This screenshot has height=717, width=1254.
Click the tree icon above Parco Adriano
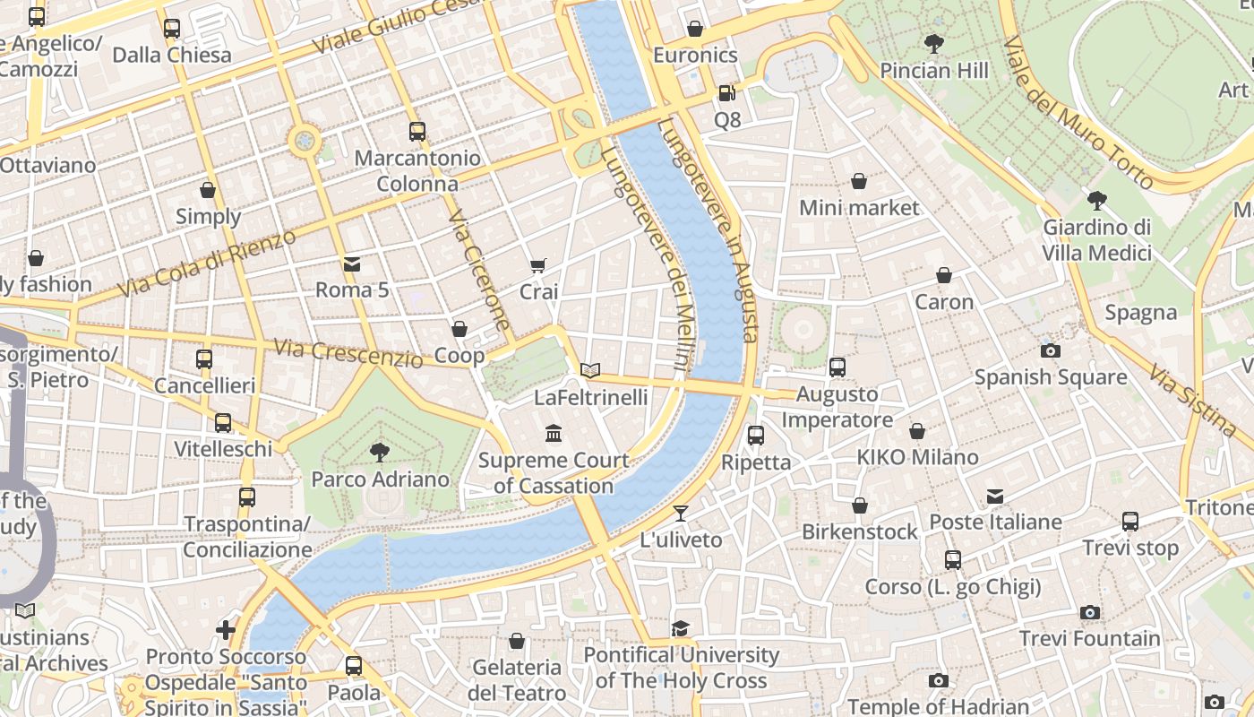(x=380, y=452)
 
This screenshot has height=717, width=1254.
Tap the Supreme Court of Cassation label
(x=554, y=473)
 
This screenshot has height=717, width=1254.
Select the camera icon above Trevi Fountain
(x=1090, y=612)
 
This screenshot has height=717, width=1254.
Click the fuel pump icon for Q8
(x=726, y=92)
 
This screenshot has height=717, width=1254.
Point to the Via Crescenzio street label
(x=348, y=353)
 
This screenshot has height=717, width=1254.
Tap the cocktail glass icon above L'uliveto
(x=681, y=514)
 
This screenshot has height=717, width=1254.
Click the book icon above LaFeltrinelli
(x=589, y=370)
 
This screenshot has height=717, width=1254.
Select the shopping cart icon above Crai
(x=538, y=265)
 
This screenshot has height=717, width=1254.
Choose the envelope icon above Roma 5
(x=352, y=263)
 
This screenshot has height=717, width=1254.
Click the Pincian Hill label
(x=934, y=71)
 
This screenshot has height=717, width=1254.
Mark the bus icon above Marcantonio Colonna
(x=417, y=132)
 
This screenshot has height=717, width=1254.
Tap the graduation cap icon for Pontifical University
(x=681, y=628)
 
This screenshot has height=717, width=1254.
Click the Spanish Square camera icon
(x=1051, y=350)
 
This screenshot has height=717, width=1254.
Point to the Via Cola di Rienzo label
(x=206, y=264)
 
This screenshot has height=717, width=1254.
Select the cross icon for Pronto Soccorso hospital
(x=226, y=630)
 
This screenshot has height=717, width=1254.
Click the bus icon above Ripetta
(x=756, y=436)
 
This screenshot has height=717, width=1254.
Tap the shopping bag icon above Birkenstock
(x=860, y=505)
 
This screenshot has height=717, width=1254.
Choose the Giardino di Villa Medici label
(x=1096, y=240)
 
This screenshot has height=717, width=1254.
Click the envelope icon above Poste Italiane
(x=995, y=496)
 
